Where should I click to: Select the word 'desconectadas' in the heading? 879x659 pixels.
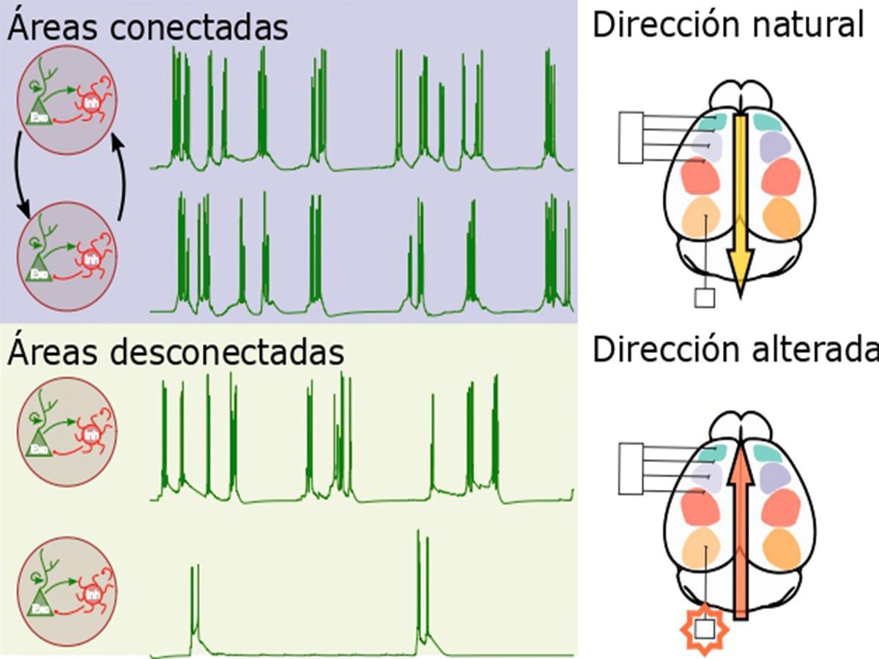point(229,352)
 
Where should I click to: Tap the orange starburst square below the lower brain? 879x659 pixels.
point(704,628)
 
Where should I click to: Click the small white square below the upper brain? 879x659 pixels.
point(704,298)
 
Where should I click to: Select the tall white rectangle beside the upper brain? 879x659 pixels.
point(631,137)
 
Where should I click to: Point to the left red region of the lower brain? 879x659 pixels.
point(701,505)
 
